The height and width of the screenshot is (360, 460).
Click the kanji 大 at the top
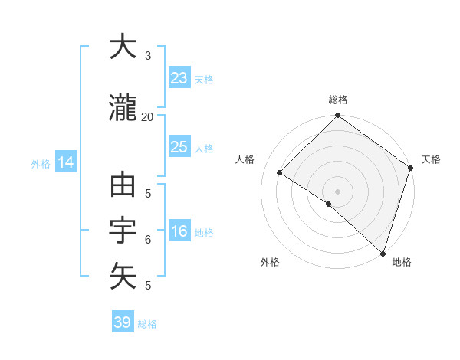pos(123,48)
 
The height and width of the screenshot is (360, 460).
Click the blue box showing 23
pos(179,78)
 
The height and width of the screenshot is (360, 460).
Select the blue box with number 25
pos(179,147)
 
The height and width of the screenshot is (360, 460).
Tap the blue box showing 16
pos(179,232)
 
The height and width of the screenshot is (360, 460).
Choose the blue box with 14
pos(65,162)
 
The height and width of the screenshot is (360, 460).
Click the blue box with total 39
pos(122,322)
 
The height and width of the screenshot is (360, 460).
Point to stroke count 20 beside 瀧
pos(147,116)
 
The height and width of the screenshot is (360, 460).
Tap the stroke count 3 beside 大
pos(147,56)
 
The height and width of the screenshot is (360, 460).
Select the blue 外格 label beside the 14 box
pos(41,163)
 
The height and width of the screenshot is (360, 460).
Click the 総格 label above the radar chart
pos(337,100)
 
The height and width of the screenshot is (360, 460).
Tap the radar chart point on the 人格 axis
pos(280,173)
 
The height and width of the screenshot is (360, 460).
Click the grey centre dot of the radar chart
pos(337,191)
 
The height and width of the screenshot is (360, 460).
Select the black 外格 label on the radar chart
pos(270,262)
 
